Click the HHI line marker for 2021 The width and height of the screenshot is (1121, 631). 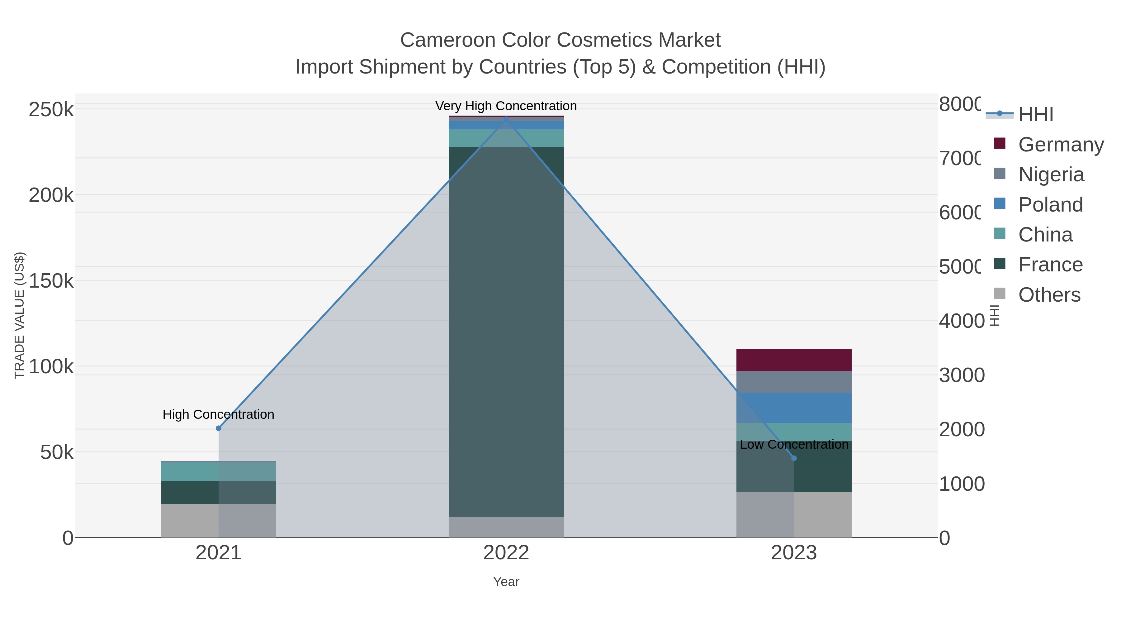point(219,428)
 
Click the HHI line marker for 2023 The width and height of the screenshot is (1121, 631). point(794,458)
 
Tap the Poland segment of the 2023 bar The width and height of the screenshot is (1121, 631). point(794,408)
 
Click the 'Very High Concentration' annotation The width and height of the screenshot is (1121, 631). point(506,106)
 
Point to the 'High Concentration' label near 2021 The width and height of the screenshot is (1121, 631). point(219,414)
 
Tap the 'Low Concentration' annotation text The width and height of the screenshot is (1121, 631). point(794,445)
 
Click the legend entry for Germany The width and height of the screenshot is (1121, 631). point(1061,144)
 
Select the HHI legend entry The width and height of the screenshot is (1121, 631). point(1036,114)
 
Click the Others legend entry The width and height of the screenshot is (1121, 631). point(1049,295)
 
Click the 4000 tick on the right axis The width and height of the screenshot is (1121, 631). point(961,321)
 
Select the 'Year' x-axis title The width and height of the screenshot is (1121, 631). point(506,582)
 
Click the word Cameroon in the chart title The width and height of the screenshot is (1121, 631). point(448,40)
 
